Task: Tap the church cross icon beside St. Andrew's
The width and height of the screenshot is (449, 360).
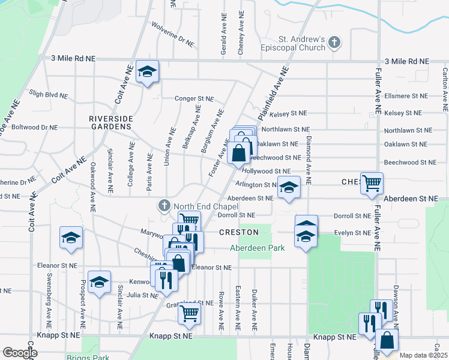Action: tap(334, 43)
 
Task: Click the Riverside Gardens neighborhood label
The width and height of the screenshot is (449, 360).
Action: tap(110, 122)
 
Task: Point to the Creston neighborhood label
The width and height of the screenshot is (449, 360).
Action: tap(239, 232)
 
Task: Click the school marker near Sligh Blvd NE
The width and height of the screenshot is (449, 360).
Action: tap(146, 72)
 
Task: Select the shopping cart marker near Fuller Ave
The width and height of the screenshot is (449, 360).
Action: tap(372, 182)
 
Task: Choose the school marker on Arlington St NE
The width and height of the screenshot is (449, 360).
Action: tap(289, 188)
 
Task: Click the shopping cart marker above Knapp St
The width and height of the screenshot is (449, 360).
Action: tap(190, 312)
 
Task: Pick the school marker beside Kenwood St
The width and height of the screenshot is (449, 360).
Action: tap(99, 282)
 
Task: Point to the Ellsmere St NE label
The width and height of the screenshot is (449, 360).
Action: tap(405, 96)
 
